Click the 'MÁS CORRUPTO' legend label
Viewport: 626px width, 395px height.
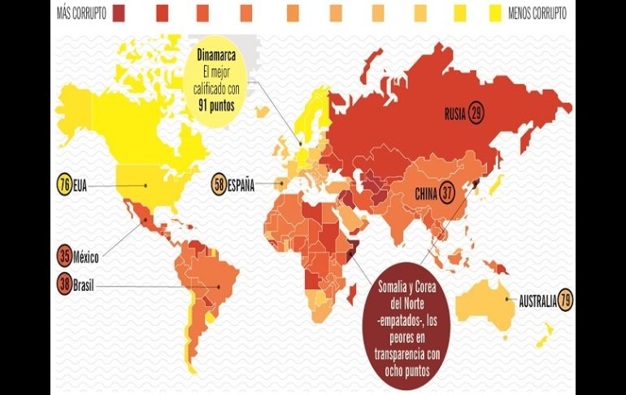[80, 13]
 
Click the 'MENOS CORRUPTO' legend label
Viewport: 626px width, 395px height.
[537, 13]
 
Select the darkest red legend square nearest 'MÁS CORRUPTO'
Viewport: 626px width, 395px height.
[119, 13]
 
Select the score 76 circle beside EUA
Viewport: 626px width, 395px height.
[64, 184]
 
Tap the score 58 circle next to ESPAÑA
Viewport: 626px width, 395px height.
[219, 184]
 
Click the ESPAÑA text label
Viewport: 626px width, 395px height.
[241, 185]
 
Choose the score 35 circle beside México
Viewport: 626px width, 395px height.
[64, 257]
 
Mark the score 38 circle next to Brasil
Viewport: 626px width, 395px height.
[64, 285]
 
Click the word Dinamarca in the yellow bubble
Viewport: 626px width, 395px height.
[220, 55]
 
